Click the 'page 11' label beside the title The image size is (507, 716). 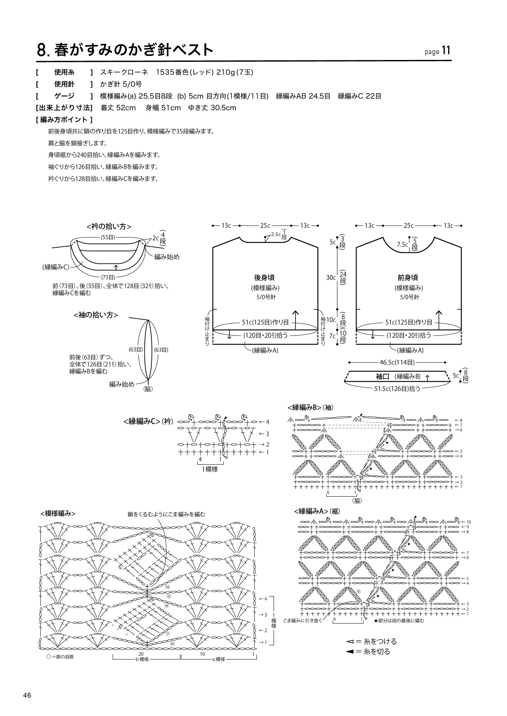click(437, 51)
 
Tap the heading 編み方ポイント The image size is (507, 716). click(64, 119)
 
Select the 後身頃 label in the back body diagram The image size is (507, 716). click(265, 277)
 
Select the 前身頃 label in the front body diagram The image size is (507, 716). click(408, 277)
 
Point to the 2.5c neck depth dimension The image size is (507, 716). click(276, 234)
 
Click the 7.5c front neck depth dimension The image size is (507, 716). click(402, 245)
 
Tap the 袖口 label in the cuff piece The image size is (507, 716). click(382, 377)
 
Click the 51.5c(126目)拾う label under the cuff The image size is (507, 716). click(398, 388)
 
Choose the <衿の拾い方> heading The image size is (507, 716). click(109, 227)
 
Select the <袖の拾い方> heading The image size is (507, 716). click(96, 315)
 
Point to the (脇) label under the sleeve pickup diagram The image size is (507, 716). click(148, 389)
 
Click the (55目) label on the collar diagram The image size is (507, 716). click(108, 237)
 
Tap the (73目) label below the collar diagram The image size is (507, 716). click(108, 277)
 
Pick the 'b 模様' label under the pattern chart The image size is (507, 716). click(142, 660)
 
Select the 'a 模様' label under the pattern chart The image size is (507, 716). click(218, 660)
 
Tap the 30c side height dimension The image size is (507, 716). click(331, 278)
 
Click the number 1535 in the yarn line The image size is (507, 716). click(165, 72)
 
